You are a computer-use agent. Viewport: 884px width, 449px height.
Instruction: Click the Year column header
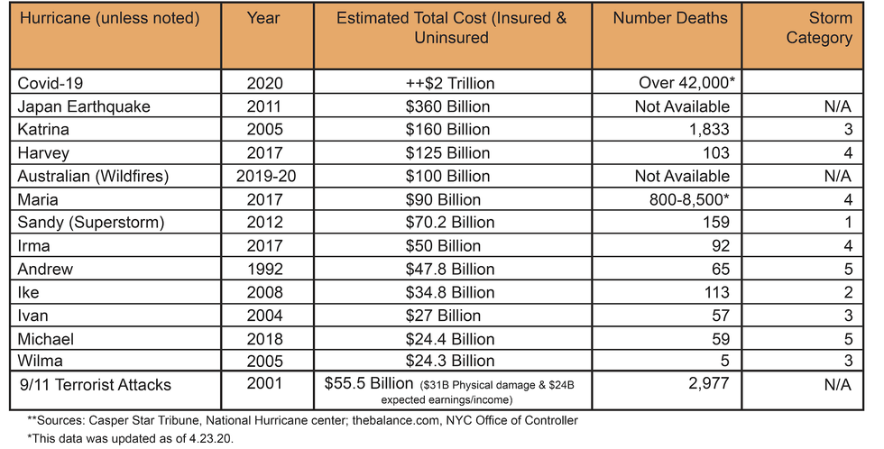tap(263, 18)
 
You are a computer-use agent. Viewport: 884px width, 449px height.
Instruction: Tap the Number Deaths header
tap(670, 18)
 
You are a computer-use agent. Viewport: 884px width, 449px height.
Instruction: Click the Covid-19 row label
tap(51, 83)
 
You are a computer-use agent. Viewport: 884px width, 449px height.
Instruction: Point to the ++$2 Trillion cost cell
tap(450, 83)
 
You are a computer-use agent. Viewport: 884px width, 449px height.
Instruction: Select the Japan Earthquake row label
tap(84, 106)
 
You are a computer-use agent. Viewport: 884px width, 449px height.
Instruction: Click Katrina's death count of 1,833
tap(708, 130)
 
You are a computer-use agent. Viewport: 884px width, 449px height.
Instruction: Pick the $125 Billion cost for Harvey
tap(447, 152)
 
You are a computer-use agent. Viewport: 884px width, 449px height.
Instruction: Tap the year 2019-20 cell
tap(266, 176)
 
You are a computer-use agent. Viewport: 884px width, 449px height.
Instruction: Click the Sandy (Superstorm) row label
tap(91, 223)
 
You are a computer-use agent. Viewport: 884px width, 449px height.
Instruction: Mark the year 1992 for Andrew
tap(265, 269)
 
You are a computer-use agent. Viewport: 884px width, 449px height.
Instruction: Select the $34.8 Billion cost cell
tap(450, 292)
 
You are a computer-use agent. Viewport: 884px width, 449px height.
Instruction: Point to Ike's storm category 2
tap(849, 292)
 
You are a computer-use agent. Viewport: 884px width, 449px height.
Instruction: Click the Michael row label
tap(46, 339)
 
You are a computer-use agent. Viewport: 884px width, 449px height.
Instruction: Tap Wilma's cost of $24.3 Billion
tap(450, 361)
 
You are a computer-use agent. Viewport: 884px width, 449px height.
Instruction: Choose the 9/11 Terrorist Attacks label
tap(96, 385)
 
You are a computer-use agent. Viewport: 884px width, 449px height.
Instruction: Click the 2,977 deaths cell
tap(708, 383)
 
